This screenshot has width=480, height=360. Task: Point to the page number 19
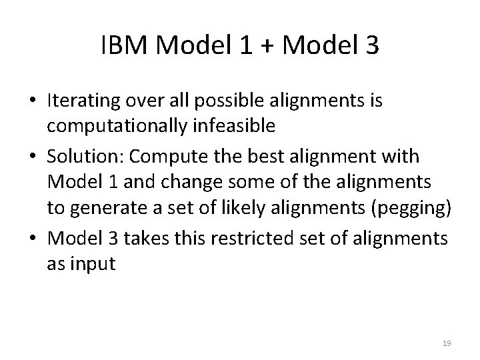click(447, 343)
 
